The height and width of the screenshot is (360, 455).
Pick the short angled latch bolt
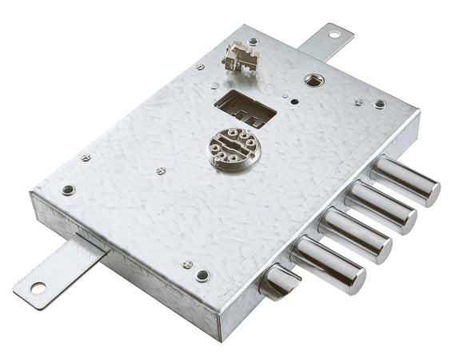point(280,281)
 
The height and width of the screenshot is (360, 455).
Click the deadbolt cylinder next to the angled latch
point(328,264)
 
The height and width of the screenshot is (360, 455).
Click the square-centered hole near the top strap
point(314,80)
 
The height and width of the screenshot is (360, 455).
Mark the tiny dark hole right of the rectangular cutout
point(295,102)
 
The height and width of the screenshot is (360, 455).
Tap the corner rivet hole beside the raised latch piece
point(253,41)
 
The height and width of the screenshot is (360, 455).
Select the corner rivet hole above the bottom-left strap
point(69,190)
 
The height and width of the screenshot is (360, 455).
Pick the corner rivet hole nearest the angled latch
point(202,276)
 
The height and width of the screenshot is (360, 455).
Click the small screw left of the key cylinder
point(161,170)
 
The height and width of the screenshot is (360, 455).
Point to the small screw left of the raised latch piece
point(200,67)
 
